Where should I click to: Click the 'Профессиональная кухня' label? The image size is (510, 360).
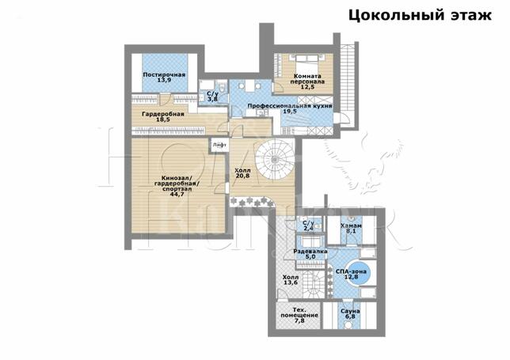289,104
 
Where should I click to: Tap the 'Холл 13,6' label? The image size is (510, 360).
291,279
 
